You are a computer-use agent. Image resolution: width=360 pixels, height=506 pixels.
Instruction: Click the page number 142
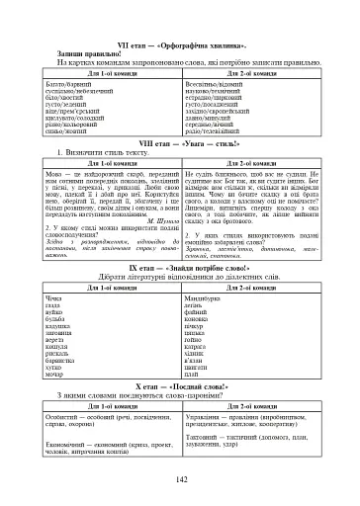pos(180,479)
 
